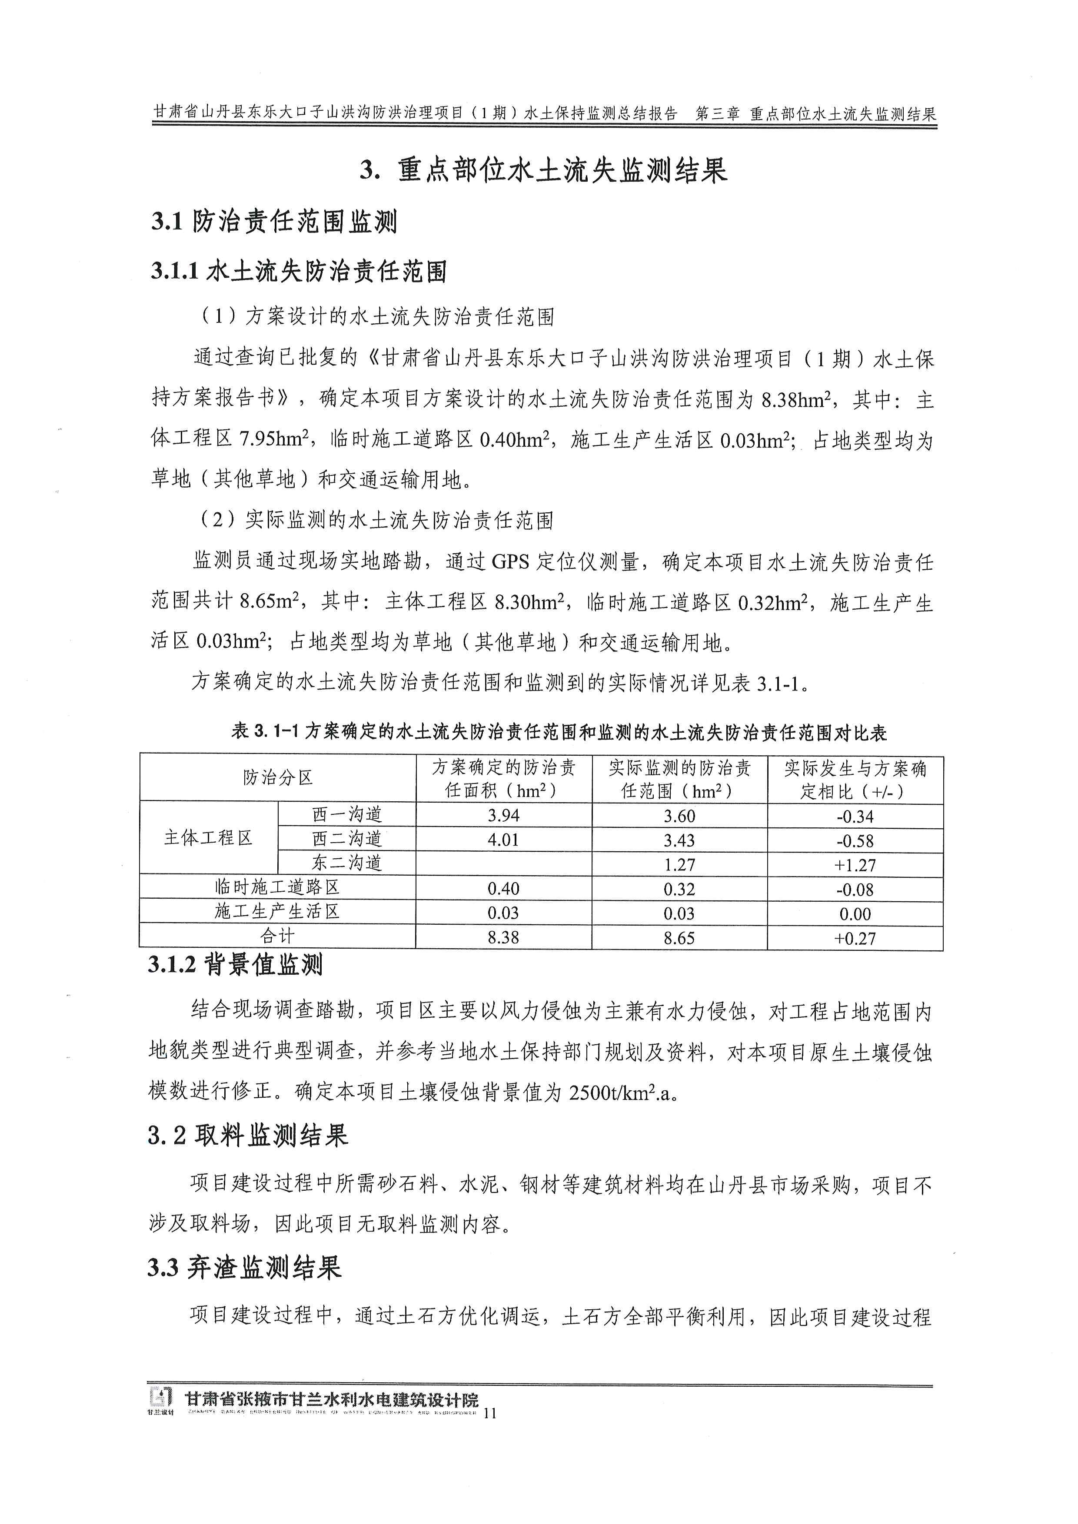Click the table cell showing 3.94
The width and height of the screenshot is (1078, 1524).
pos(503,816)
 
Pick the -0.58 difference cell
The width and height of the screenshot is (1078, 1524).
pos(855,841)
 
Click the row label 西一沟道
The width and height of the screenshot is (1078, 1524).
pos(346,815)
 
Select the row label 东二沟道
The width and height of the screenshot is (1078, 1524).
pos(346,863)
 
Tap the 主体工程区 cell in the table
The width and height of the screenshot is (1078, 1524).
pos(209,838)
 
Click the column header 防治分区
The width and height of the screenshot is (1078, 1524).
pos(277,778)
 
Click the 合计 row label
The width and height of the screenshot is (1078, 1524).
pos(277,936)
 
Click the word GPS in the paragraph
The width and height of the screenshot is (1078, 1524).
pos(510,563)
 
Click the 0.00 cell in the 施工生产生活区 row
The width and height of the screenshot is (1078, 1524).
pos(855,914)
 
